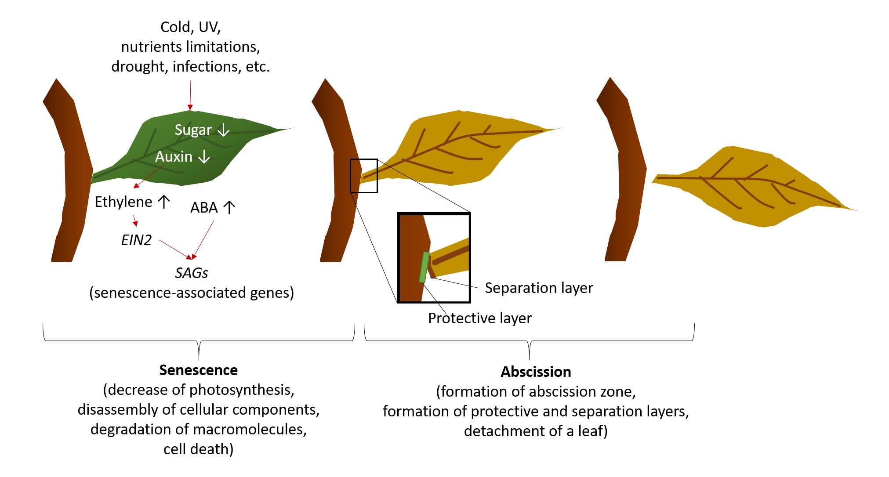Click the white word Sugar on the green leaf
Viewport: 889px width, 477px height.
point(193,130)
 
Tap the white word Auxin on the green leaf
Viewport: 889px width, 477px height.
point(174,157)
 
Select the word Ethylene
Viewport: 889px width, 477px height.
point(123,202)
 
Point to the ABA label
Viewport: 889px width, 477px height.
point(204,208)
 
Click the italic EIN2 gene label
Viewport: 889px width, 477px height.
point(136,240)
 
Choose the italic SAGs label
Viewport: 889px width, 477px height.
point(191,273)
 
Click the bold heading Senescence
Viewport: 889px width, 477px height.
point(198,370)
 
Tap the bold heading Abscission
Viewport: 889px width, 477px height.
point(536,372)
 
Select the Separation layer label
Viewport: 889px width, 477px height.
point(539,288)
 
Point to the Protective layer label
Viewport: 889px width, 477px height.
point(479,318)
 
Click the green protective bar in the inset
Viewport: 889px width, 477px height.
point(424,267)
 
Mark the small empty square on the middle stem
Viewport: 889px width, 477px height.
point(364,176)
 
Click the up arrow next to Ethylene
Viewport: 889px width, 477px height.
point(164,202)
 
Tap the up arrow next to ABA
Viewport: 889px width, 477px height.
point(229,207)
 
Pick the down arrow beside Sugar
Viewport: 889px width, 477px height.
point(224,130)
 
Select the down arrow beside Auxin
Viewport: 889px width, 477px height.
point(204,156)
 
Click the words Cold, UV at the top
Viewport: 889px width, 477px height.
point(190,27)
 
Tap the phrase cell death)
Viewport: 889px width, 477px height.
point(198,449)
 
